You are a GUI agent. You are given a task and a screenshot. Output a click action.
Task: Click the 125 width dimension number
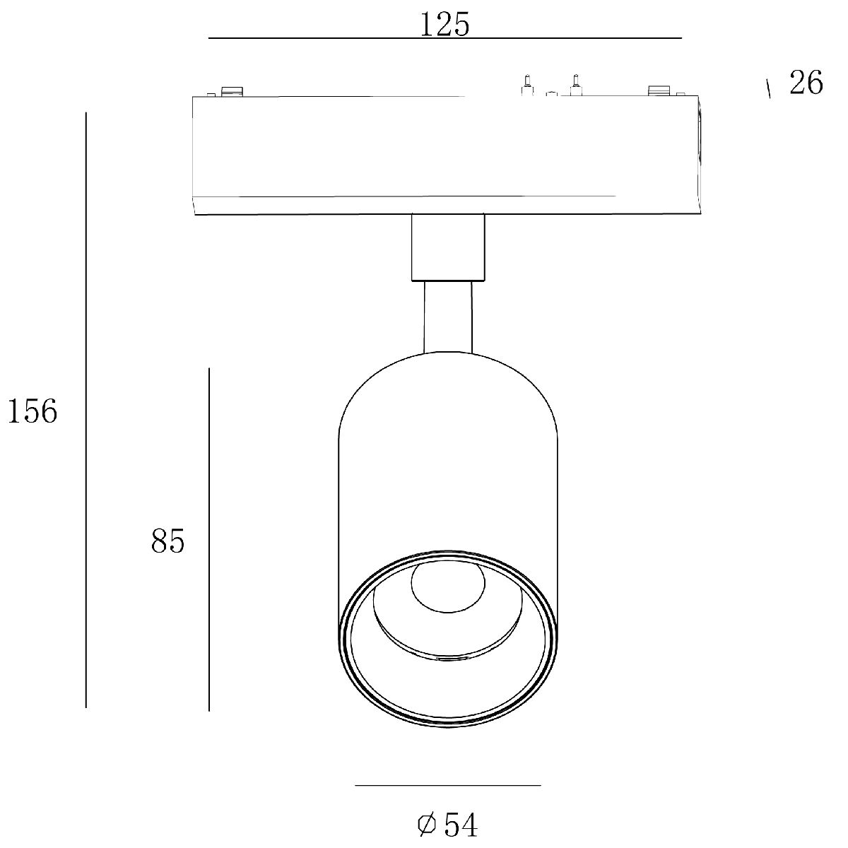point(445,24)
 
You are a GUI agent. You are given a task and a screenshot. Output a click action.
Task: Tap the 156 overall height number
point(33,411)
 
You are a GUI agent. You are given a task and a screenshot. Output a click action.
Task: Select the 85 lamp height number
point(167,541)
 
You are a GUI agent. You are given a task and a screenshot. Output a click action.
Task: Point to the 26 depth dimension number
point(806,82)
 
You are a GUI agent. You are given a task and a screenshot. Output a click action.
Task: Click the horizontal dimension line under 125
point(445,38)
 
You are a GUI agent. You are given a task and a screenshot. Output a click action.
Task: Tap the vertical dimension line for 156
point(86,410)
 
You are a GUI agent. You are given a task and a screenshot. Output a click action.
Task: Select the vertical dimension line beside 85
point(209,539)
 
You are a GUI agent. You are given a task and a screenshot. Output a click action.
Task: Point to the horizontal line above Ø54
point(448,785)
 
